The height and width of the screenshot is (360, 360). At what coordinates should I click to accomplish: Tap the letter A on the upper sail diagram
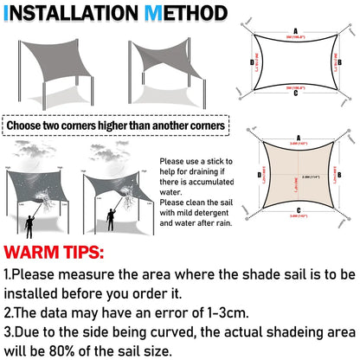pyautogui.click(x=295, y=29)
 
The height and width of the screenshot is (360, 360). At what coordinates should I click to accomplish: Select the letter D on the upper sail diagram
pyautogui.click(x=252, y=63)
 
